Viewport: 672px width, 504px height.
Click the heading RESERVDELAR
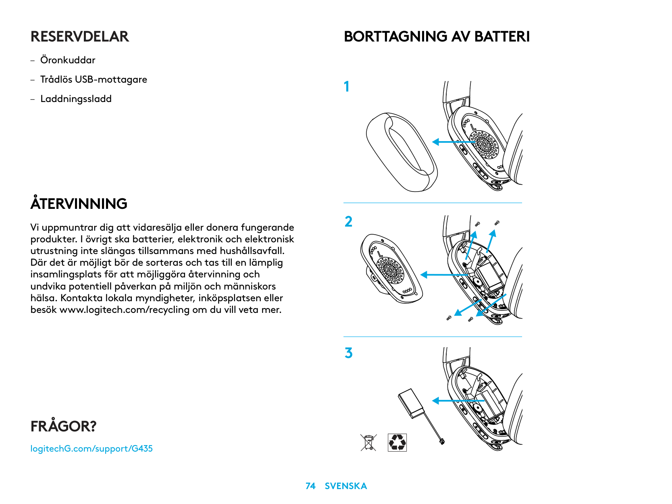pos(80,37)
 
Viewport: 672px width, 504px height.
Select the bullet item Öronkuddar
pos(68,60)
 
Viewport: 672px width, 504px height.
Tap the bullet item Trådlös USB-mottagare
pos(94,79)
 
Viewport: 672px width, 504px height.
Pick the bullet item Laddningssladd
pos(76,99)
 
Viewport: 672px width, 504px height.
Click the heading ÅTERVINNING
pos(79,204)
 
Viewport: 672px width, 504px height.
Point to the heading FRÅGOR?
pos(64,426)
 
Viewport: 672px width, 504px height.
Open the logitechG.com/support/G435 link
pos(92,448)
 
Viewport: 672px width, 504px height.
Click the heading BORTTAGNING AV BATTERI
pos(437,37)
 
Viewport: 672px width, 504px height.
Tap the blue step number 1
pos(347,87)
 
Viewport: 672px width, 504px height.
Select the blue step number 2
pos(348,222)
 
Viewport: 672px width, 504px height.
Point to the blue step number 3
pos(348,353)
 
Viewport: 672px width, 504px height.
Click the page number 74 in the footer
pos(310,486)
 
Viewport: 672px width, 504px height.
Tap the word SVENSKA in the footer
pos(346,486)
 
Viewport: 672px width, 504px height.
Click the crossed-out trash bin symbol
pos(368,442)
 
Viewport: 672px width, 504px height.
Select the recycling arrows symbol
pos(397,442)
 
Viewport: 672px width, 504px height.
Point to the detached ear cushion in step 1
pos(402,152)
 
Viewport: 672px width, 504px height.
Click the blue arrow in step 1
pos(452,142)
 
